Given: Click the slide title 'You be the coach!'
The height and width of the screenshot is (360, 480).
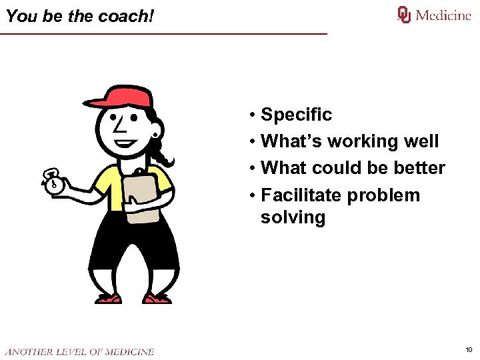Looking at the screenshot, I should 79,16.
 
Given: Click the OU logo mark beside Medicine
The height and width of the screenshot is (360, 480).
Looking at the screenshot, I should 404,15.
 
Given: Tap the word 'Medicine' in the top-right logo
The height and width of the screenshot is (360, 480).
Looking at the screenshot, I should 443,15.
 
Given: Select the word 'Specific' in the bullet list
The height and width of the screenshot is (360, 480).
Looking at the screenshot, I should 296,115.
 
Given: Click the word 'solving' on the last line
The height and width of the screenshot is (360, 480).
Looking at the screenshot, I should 293,217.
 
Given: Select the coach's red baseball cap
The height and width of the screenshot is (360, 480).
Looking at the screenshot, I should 120,97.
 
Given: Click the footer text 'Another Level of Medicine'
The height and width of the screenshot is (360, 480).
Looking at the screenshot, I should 79,351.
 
